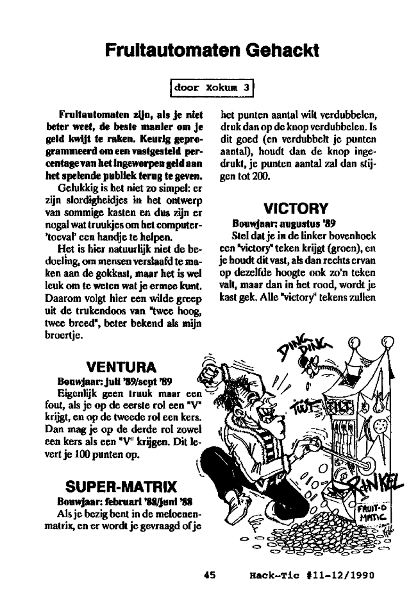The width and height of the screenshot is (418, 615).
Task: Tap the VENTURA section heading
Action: pyautogui.click(x=121, y=367)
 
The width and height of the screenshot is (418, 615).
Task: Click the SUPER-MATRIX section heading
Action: pyautogui.click(x=121, y=483)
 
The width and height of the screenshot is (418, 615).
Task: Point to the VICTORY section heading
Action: pyautogui.click(x=296, y=208)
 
